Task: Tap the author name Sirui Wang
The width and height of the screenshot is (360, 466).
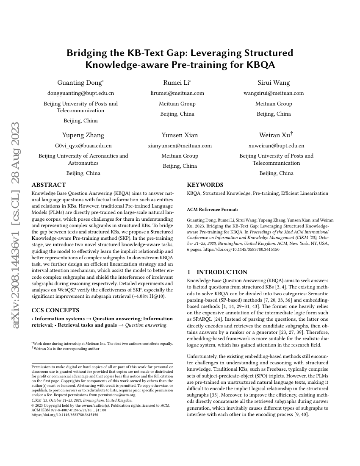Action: (274, 83)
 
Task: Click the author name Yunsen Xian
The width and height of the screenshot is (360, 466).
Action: (180, 135)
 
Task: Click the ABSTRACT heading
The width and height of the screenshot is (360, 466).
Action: (49, 185)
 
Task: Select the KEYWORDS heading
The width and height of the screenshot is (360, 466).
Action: (205, 185)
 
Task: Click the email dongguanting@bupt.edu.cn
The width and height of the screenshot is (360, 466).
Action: (80, 93)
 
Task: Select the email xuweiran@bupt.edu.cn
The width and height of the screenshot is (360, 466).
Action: (276, 146)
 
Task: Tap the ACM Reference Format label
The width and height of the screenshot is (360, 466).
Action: (212, 209)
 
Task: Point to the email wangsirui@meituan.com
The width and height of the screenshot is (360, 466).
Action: (274, 93)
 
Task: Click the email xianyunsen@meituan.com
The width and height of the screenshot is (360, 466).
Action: (180, 146)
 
